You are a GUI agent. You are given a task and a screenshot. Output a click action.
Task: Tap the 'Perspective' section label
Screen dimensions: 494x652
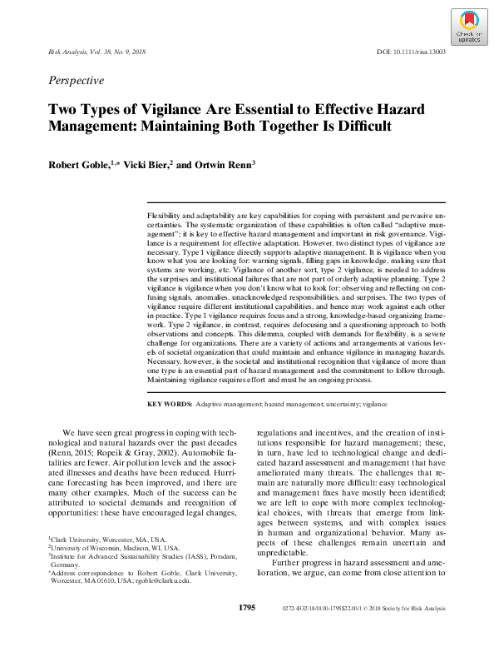pos(77,81)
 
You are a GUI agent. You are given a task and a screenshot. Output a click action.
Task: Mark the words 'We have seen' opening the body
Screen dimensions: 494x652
pos(88,433)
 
